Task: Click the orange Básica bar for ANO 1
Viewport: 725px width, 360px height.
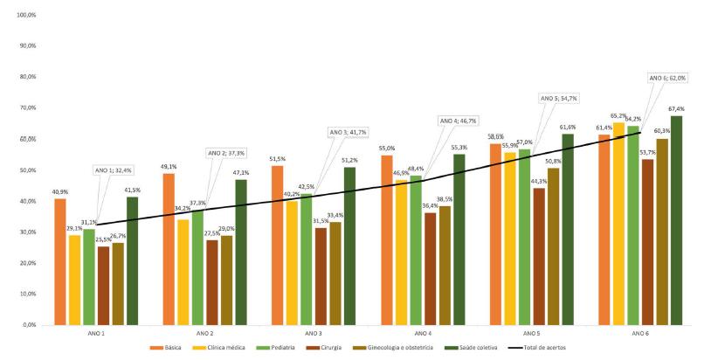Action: click(x=60, y=261)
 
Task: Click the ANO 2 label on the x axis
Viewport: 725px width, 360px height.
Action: click(x=204, y=334)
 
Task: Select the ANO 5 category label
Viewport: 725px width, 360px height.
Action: click(x=531, y=334)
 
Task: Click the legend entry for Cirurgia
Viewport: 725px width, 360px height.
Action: click(x=333, y=348)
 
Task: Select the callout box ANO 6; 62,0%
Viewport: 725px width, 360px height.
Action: click(x=669, y=78)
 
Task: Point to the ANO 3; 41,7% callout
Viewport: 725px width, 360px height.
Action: click(x=349, y=132)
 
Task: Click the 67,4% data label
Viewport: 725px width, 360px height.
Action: click(x=676, y=109)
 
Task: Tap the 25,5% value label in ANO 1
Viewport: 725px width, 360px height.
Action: click(x=104, y=239)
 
